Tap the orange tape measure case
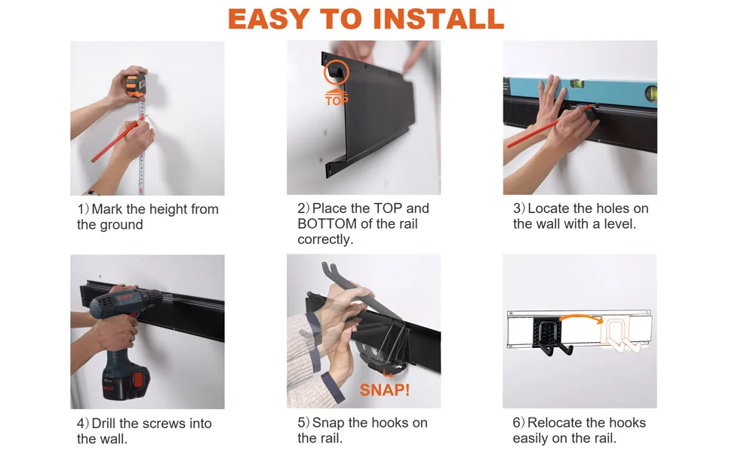pyautogui.click(x=135, y=83)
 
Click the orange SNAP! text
pyautogui.click(x=385, y=390)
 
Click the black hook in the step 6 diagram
pyautogui.click(x=553, y=337)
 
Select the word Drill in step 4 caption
pyautogui.click(x=108, y=424)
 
